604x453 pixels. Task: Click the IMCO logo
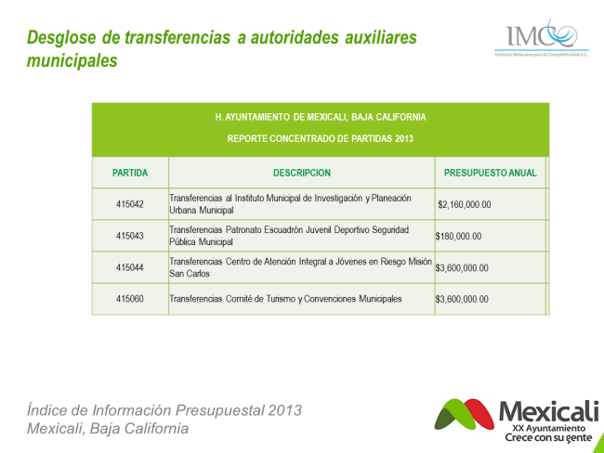point(542,38)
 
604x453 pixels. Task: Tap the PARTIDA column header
point(130,173)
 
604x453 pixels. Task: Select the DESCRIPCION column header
point(302,173)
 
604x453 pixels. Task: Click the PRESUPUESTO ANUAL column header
point(490,173)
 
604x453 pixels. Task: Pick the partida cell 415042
point(130,204)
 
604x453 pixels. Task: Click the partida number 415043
point(130,236)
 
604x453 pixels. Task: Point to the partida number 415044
point(130,267)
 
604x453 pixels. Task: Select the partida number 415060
point(130,299)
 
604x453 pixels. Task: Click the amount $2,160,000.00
point(465,204)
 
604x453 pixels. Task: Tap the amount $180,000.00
point(458,236)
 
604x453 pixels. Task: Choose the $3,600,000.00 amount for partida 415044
point(462,268)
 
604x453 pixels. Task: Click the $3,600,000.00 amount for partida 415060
point(462,299)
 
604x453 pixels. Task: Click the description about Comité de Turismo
point(285,299)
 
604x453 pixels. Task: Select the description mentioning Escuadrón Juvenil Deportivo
point(289,236)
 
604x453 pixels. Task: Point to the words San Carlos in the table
point(190,274)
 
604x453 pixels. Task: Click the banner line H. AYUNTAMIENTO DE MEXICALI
point(321,117)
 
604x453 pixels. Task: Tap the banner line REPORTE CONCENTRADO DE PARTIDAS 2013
point(320,138)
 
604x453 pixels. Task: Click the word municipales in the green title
point(72,60)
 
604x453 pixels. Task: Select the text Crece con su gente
point(548,437)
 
